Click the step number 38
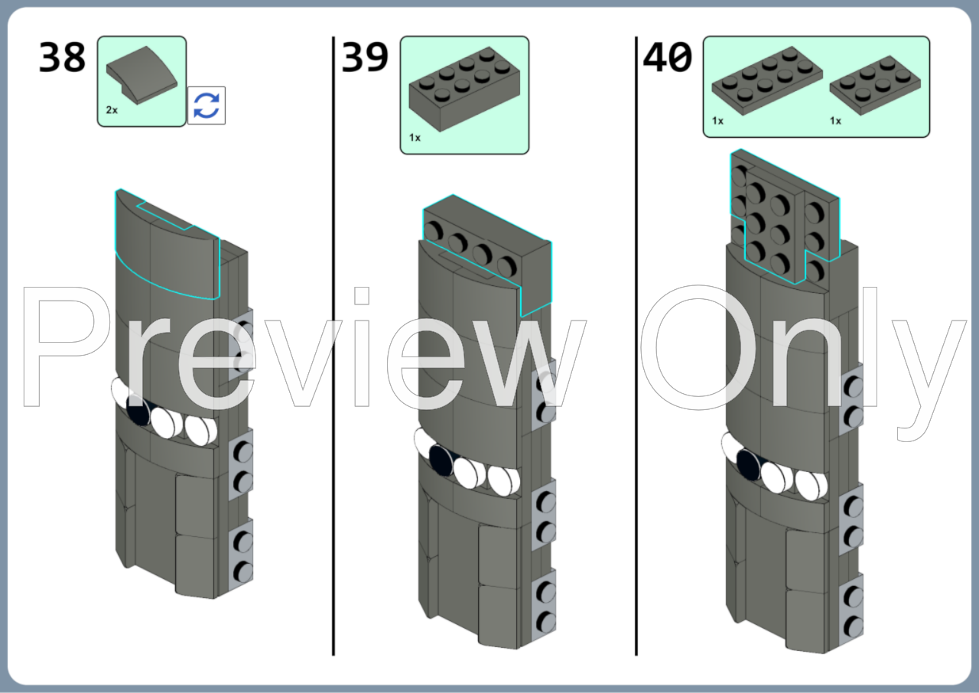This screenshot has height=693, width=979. [x=62, y=57]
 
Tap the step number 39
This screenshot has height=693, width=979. [x=365, y=57]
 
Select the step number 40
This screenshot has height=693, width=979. [x=668, y=57]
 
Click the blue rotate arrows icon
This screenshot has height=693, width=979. [x=207, y=106]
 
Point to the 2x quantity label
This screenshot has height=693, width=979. [x=112, y=110]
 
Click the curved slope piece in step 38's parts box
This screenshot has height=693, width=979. [x=142, y=75]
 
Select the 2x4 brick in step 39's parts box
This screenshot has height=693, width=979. [x=464, y=89]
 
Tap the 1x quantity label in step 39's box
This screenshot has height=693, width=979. [x=415, y=138]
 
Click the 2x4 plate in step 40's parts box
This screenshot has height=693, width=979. [x=767, y=80]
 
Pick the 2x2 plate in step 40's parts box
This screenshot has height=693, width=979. [x=876, y=85]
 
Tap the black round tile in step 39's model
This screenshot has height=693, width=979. [x=441, y=460]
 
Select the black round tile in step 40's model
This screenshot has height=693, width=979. [x=748, y=465]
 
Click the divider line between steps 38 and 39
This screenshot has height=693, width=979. [x=333, y=346]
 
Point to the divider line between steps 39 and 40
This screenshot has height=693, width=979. [x=636, y=346]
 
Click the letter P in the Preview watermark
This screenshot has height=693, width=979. [x=66, y=346]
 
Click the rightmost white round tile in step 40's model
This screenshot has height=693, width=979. [x=811, y=484]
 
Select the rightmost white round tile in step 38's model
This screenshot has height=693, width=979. [x=200, y=430]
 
